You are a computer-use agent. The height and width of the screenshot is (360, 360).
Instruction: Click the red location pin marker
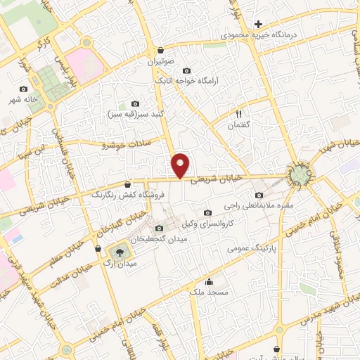181,165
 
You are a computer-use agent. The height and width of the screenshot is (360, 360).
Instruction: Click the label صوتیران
160,62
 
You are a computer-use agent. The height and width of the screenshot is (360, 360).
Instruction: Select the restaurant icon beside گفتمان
238,114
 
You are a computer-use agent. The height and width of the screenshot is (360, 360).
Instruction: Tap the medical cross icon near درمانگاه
259,24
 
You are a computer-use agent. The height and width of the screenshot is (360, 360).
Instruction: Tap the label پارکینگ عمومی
257,248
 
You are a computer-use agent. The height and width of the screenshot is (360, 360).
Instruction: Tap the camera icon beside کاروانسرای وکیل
207,213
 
